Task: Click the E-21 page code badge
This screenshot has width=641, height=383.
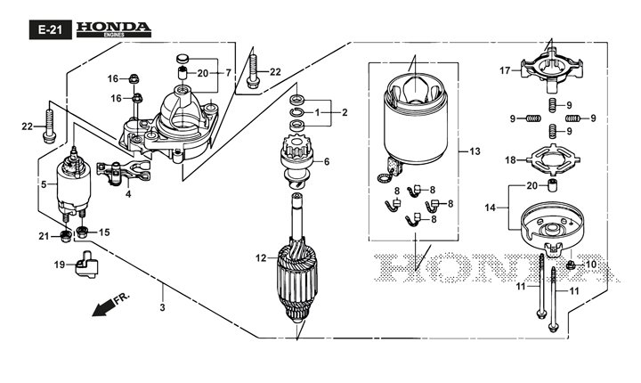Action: [47, 29]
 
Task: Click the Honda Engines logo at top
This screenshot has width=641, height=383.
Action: [112, 29]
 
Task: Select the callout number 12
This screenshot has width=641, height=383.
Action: [260, 258]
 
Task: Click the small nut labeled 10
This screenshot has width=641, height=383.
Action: [570, 265]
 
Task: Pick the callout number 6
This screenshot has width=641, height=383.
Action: [327, 161]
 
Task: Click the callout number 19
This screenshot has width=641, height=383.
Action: [59, 265]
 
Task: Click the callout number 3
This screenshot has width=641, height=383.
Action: [162, 307]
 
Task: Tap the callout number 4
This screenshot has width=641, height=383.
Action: [128, 194]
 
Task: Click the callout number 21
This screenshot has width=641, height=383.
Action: [42, 235]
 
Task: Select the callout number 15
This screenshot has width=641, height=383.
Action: [104, 232]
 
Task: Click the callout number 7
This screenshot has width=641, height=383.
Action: [228, 72]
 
